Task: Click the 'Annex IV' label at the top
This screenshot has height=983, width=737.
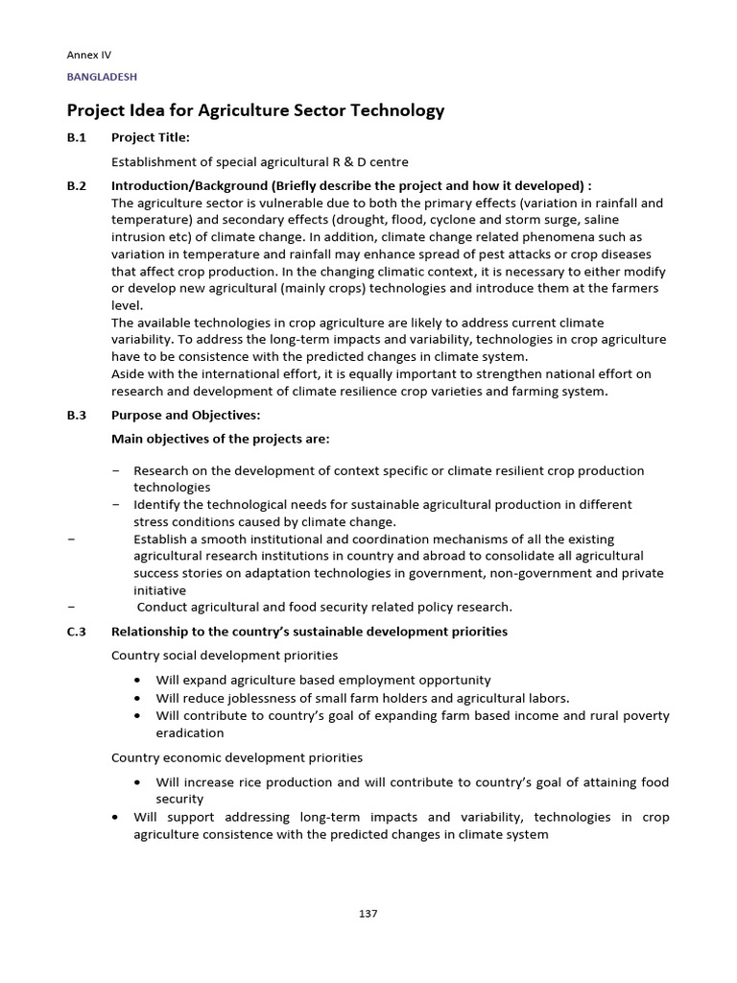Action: point(88,56)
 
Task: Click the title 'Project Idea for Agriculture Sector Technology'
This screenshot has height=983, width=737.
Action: point(255,110)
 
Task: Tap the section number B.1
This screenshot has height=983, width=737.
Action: point(76,137)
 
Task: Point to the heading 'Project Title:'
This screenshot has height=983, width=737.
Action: point(150,137)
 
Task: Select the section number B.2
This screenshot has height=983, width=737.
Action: point(77,186)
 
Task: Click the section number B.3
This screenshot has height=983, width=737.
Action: point(77,415)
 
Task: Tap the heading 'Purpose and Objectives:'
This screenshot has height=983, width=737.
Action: point(185,415)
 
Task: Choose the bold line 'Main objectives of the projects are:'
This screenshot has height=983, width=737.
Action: point(220,439)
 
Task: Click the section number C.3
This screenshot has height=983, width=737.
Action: point(77,631)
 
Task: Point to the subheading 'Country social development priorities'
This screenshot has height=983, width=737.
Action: point(225,655)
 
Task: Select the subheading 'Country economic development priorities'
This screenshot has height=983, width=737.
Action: point(237,757)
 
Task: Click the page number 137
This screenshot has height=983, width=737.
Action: point(368,913)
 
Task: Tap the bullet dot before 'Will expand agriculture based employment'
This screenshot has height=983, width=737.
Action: point(138,681)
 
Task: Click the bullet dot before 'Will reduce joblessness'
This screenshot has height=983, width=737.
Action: point(138,698)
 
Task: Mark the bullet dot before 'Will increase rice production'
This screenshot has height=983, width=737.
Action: point(138,783)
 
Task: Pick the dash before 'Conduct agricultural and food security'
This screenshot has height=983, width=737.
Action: point(73,607)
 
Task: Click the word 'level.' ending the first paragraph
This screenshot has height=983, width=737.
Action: point(128,305)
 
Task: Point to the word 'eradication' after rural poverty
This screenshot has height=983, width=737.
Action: point(191,732)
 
